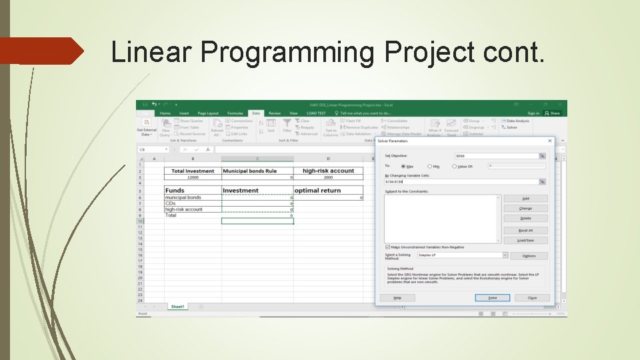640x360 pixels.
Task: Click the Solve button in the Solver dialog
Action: tap(492, 298)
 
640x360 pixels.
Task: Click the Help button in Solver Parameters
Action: tap(397, 298)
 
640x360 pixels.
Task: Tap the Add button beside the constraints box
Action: tap(525, 199)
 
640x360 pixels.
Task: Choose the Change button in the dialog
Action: tap(525, 209)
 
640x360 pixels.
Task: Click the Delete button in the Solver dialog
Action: tap(525, 218)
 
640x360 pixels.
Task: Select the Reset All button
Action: tap(525, 230)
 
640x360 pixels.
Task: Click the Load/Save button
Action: tap(525, 240)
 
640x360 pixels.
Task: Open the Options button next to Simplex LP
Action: tap(529, 255)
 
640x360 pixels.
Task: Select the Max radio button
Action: tap(404, 166)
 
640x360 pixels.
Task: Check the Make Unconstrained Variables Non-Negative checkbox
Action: tap(388, 247)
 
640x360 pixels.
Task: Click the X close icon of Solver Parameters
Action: tap(550, 141)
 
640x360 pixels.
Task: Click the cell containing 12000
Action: tap(193, 178)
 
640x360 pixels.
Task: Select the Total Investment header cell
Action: tap(193, 171)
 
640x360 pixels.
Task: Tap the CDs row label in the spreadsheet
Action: tap(171, 203)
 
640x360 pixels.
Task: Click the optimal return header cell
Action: tap(317, 191)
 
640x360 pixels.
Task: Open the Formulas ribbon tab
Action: tap(235, 113)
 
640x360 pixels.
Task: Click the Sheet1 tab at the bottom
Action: tap(177, 307)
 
